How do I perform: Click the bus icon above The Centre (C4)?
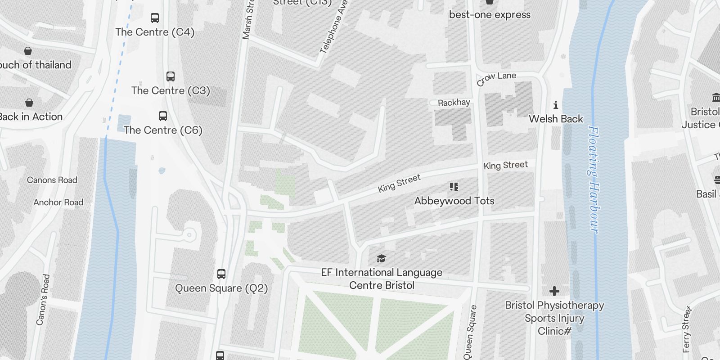pyautogui.click(x=155, y=18)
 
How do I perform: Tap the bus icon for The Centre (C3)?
pyautogui.click(x=171, y=76)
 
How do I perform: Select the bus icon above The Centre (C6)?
pyautogui.click(x=163, y=116)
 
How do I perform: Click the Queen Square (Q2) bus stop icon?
pyautogui.click(x=221, y=274)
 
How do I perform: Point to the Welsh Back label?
pyautogui.click(x=556, y=119)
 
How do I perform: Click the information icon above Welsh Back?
pyautogui.click(x=556, y=105)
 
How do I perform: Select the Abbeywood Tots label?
pyautogui.click(x=454, y=201)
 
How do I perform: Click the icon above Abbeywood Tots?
pyautogui.click(x=454, y=186)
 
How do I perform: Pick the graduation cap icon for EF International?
pyautogui.click(x=381, y=258)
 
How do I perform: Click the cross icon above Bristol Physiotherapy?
pyautogui.click(x=554, y=291)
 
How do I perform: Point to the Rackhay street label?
pyautogui.click(x=454, y=103)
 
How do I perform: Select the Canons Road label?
pyautogui.click(x=52, y=180)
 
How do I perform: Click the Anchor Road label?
pyautogui.click(x=58, y=202)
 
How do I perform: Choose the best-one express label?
pyautogui.click(x=490, y=14)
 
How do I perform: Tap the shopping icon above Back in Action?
pyautogui.click(x=29, y=103)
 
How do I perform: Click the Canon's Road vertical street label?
pyautogui.click(x=43, y=300)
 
